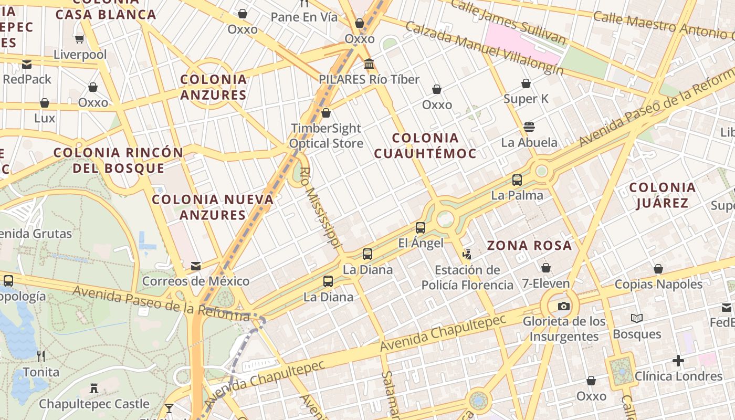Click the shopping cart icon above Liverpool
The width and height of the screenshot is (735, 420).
[80, 39]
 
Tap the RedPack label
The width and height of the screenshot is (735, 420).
[27, 79]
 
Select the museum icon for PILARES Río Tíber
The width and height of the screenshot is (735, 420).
[369, 64]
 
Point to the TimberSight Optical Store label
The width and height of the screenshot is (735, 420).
[326, 136]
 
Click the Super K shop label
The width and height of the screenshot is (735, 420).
[526, 99]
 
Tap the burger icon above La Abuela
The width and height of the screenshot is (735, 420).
[529, 127]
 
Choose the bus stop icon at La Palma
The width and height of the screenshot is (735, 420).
[517, 180]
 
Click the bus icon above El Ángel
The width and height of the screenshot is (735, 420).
[421, 228]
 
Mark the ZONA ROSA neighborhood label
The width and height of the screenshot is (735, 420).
[529, 245]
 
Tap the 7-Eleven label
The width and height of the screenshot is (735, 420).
[546, 283]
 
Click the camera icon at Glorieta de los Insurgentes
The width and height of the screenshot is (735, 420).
[563, 306]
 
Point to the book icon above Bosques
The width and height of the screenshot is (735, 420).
[637, 318]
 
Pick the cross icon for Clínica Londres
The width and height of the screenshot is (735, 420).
[678, 361]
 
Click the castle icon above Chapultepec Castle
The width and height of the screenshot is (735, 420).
[94, 388]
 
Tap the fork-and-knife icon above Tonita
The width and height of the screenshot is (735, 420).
[41, 356]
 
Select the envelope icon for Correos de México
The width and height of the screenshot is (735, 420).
[196, 266]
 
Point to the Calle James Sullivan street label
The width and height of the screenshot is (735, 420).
[508, 22]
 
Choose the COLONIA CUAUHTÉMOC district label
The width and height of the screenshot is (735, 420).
[425, 145]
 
